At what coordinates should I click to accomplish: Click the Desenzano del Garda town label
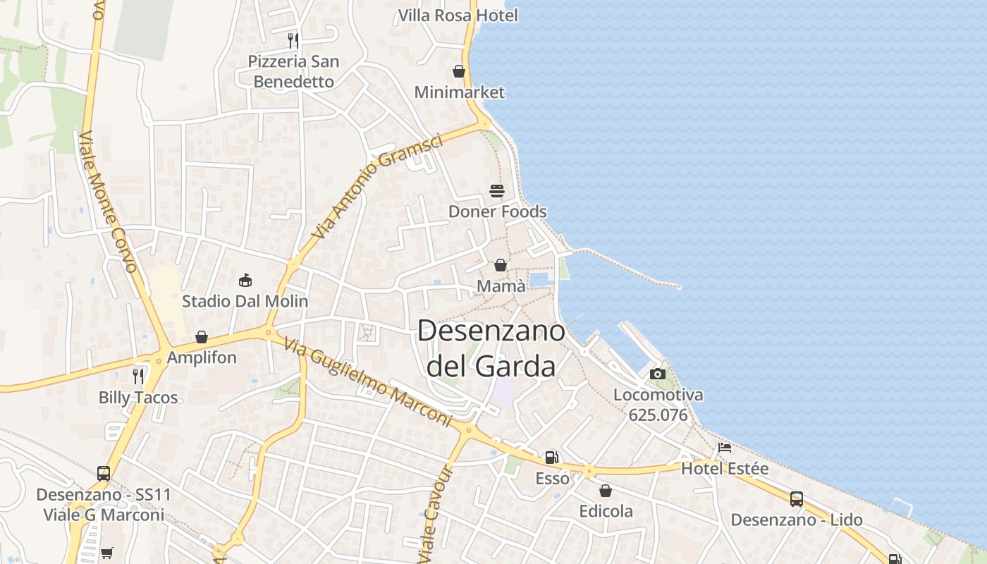(491, 348)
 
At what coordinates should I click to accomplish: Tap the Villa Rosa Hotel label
(458, 15)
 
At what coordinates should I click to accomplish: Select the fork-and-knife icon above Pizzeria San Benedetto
(293, 40)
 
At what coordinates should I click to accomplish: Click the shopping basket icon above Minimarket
(459, 71)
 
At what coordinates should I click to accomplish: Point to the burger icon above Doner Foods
(497, 190)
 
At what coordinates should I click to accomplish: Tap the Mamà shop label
(501, 286)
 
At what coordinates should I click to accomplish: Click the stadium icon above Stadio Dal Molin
(245, 281)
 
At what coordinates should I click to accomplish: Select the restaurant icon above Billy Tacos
(138, 376)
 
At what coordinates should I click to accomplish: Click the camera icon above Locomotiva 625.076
(658, 374)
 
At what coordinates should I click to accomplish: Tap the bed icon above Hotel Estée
(725, 447)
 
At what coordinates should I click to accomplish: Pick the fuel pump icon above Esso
(552, 458)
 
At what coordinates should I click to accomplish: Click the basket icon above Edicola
(606, 491)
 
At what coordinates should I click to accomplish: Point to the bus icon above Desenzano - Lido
(796, 499)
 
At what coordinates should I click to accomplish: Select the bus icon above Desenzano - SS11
(104, 474)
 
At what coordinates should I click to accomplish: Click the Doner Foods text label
(497, 211)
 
